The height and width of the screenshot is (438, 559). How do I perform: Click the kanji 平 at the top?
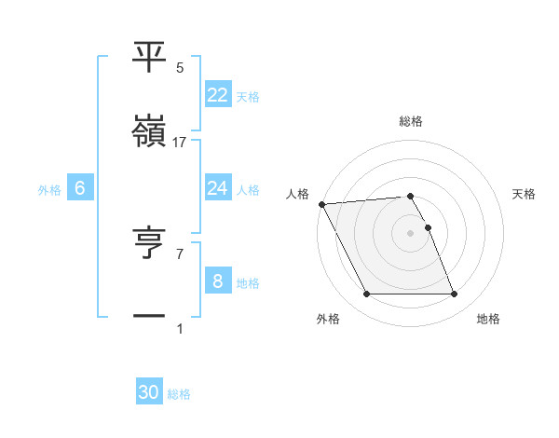pyautogui.click(x=149, y=57)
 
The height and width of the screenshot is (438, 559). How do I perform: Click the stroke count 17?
pyautogui.click(x=180, y=142)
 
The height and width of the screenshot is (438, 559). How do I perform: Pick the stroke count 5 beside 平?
pyautogui.click(x=180, y=67)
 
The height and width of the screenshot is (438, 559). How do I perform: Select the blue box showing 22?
pyautogui.click(x=217, y=94)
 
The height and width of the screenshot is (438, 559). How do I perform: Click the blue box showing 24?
pyautogui.click(x=217, y=188)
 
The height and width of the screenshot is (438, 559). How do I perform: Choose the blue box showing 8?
pyautogui.click(x=217, y=281)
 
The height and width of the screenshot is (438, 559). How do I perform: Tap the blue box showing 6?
pyautogui.click(x=79, y=188)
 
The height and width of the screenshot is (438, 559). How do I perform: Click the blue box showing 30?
pyautogui.click(x=149, y=392)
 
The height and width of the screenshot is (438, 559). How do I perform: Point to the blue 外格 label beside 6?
pyautogui.click(x=49, y=189)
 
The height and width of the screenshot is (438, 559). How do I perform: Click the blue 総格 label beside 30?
pyautogui.click(x=180, y=394)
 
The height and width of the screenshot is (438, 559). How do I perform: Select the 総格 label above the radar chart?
pyautogui.click(x=411, y=121)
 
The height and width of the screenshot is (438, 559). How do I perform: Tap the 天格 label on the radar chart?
pyautogui.click(x=525, y=194)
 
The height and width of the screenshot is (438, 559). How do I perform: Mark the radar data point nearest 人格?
pyautogui.click(x=321, y=204)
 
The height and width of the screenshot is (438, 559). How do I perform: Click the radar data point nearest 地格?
pyautogui.click(x=455, y=294)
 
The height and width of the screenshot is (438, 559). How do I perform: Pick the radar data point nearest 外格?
pyautogui.click(x=366, y=294)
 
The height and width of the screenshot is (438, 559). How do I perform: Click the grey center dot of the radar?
pyautogui.click(x=410, y=233)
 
